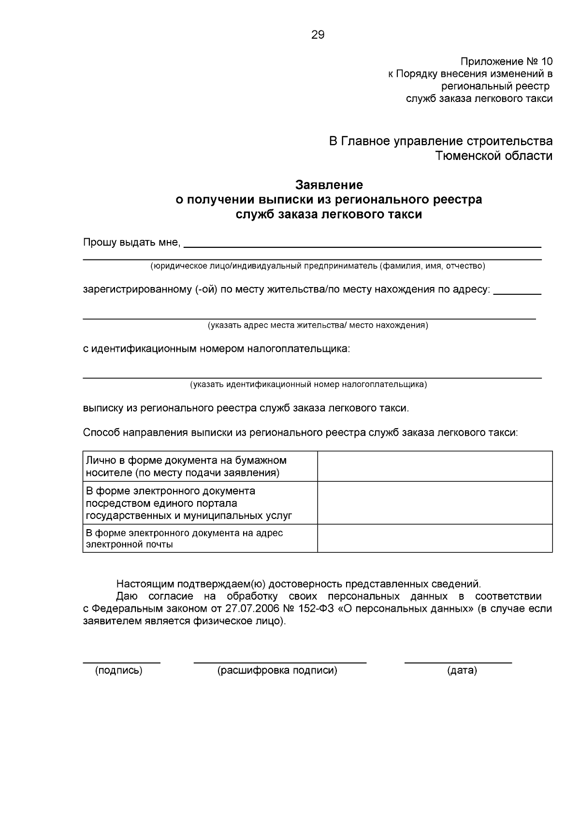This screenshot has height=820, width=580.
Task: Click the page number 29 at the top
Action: pyautogui.click(x=318, y=35)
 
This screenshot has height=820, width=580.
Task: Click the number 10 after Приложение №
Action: pyautogui.click(x=546, y=61)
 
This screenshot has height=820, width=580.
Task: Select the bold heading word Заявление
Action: pyautogui.click(x=329, y=185)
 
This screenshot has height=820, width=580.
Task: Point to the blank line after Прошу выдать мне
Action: pyautogui.click(x=362, y=246)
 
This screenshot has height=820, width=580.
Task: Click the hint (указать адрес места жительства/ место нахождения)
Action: pyautogui.click(x=318, y=325)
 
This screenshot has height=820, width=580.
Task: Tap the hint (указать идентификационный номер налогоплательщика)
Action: pyautogui.click(x=308, y=385)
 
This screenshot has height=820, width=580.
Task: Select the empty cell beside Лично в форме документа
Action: pyautogui.click(x=435, y=466)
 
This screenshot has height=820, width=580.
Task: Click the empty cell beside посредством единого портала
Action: pyautogui.click(x=435, y=503)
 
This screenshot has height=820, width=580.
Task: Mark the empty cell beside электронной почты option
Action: pyautogui.click(x=435, y=538)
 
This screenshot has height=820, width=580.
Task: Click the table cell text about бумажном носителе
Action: pyautogui.click(x=186, y=466)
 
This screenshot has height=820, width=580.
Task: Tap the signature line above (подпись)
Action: pyautogui.click(x=121, y=662)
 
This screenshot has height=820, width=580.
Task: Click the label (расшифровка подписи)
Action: pyautogui.click(x=277, y=671)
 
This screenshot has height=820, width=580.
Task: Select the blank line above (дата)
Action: pyautogui.click(x=458, y=662)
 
